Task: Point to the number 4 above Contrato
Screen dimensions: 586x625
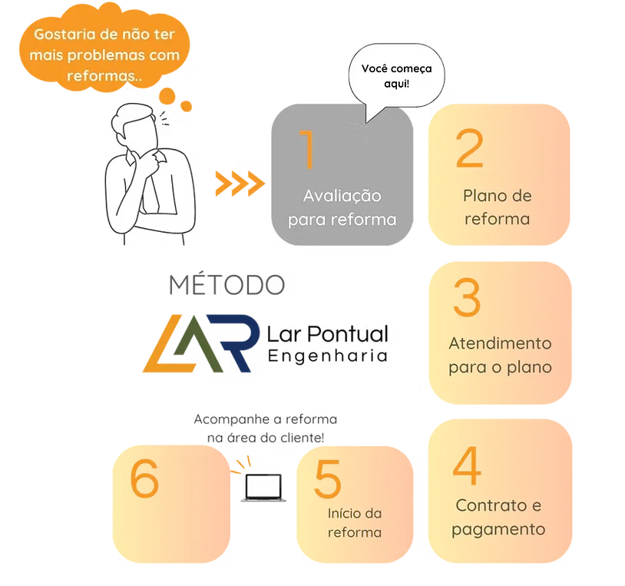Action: [467, 466]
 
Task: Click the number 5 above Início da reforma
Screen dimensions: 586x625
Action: [327, 481]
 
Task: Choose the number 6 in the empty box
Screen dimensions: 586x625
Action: [144, 481]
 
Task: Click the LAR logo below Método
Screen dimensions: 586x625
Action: [204, 343]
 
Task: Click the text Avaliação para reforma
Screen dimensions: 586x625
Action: [342, 208]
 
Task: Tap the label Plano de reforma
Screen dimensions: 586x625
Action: [497, 207]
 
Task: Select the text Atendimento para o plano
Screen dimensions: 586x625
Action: [500, 355]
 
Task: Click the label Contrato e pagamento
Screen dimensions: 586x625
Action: [498, 518]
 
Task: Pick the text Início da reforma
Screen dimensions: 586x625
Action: [354, 523]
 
